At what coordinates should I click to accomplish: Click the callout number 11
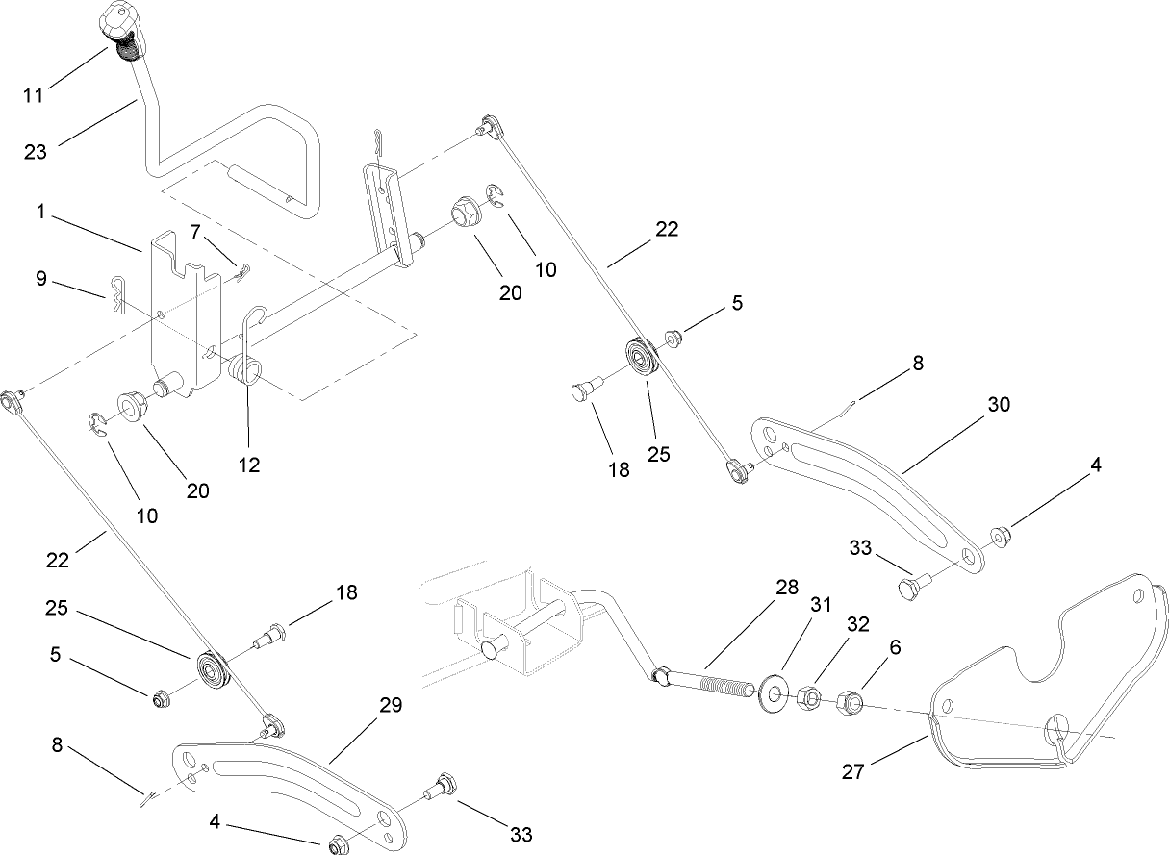tap(34, 95)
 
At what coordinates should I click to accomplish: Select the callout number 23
tap(36, 152)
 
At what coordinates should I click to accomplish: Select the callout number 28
tap(787, 589)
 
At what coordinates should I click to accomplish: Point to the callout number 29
tap(390, 705)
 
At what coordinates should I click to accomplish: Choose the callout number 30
tap(999, 405)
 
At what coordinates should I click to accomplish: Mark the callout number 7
tap(195, 233)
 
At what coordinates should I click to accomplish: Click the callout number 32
tap(858, 624)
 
